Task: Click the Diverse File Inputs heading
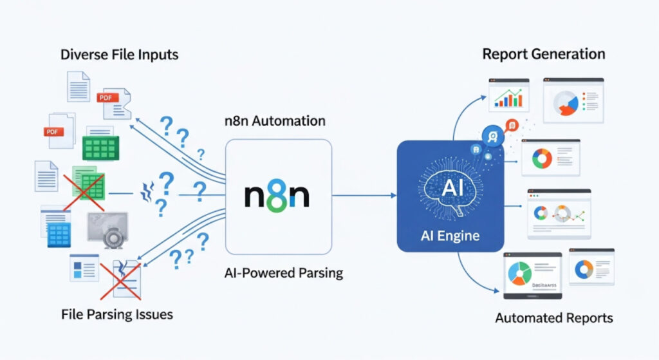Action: pos(119,55)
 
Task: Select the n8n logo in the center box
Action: pos(277,194)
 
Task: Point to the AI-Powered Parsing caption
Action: pos(279,272)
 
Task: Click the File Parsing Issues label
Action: pos(117,315)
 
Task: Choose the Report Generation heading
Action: pos(544,53)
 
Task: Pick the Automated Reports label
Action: pos(554,317)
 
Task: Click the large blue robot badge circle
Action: pos(493,135)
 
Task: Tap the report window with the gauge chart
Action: pos(573,100)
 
